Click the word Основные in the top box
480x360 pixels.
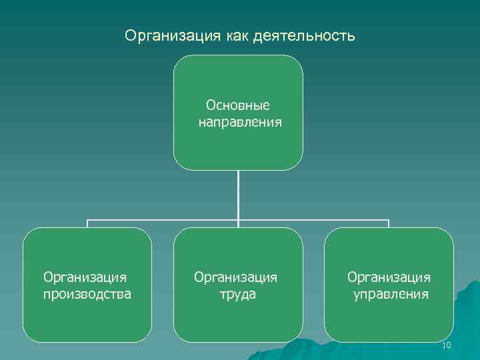click(x=238, y=105)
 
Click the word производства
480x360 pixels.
click(x=87, y=294)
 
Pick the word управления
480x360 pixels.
click(x=391, y=294)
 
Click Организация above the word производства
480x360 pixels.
click(x=85, y=276)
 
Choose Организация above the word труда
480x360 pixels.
click(x=235, y=276)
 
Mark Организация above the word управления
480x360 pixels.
click(x=389, y=276)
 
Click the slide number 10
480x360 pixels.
click(x=447, y=345)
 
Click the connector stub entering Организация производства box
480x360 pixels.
click(x=88, y=224)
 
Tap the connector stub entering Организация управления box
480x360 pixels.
click(x=389, y=224)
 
